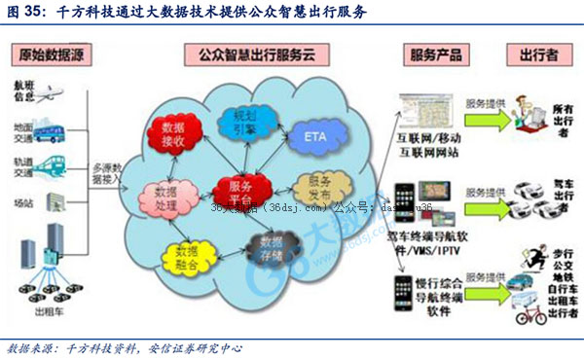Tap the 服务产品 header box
[435, 54]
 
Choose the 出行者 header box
[532, 54]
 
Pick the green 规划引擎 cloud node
[236, 121]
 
